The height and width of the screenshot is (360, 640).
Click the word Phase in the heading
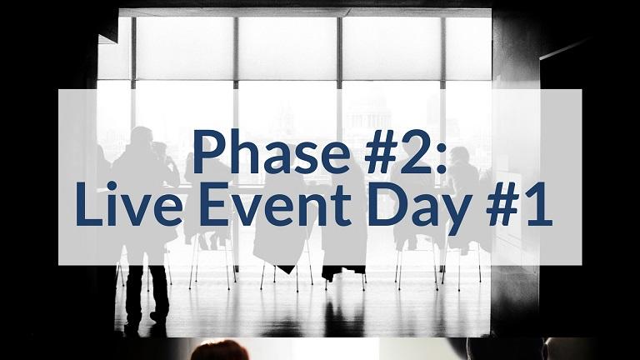click(x=272, y=152)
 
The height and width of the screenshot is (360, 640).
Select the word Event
click(x=275, y=204)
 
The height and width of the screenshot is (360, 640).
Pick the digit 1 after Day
click(x=538, y=204)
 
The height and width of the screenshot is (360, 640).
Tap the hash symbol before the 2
click(x=382, y=152)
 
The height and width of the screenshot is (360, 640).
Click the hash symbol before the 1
click(x=503, y=204)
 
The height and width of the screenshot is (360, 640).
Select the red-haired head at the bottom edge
click(x=220, y=350)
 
